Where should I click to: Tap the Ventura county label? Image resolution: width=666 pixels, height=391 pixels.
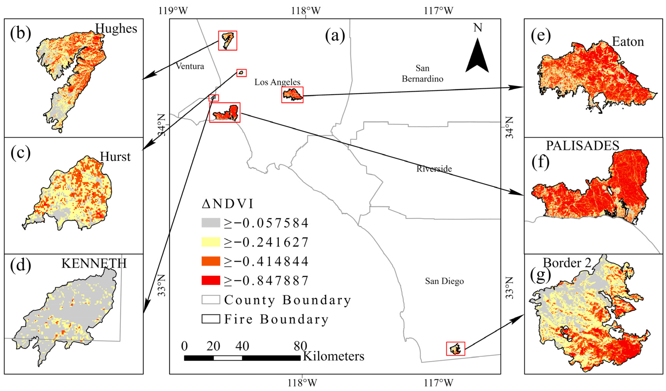pos(190,66)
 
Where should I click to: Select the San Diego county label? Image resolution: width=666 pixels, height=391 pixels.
pos(444,281)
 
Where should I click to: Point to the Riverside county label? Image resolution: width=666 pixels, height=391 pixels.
pos(434,169)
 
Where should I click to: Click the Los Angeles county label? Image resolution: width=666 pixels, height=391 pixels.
pos(277,82)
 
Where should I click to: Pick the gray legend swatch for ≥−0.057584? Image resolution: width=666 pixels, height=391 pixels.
pos(211,223)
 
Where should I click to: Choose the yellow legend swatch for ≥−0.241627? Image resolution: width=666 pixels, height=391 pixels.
pos(211,242)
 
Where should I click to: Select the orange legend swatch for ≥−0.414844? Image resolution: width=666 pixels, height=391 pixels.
pos(211,261)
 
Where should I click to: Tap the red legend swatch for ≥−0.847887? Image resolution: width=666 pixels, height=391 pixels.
pos(211,280)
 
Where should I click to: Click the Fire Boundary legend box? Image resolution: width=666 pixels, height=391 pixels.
pos(211,319)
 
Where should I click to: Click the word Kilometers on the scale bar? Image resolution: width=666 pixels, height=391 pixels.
pos(334,356)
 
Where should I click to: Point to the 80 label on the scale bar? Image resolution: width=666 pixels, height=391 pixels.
pos(300,346)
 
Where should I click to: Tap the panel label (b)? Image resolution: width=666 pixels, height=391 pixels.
pos(21,34)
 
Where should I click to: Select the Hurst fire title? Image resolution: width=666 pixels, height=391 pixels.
pos(115,157)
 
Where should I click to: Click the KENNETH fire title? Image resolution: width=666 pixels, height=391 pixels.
pos(94,263)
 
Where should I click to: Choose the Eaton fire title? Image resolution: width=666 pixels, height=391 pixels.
pos(628,42)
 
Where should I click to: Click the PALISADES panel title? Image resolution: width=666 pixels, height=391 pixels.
pos(583,145)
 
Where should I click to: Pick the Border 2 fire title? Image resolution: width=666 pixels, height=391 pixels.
pos(567,263)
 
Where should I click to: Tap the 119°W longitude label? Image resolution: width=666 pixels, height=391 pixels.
pos(173,11)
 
